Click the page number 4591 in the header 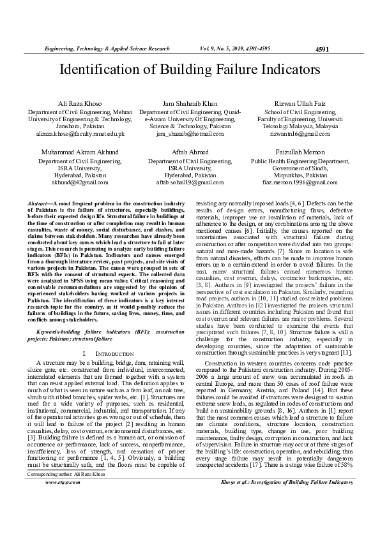pos(323,49)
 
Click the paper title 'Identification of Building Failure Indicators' pos(190,70)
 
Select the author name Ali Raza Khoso pos(80,103)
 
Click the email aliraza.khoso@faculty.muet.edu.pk pos(80,134)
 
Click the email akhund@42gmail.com pos(80,182)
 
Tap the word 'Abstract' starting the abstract pos(40,202)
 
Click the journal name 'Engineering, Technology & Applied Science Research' pos(106,48)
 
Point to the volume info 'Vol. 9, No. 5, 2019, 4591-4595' pos(236,48)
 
